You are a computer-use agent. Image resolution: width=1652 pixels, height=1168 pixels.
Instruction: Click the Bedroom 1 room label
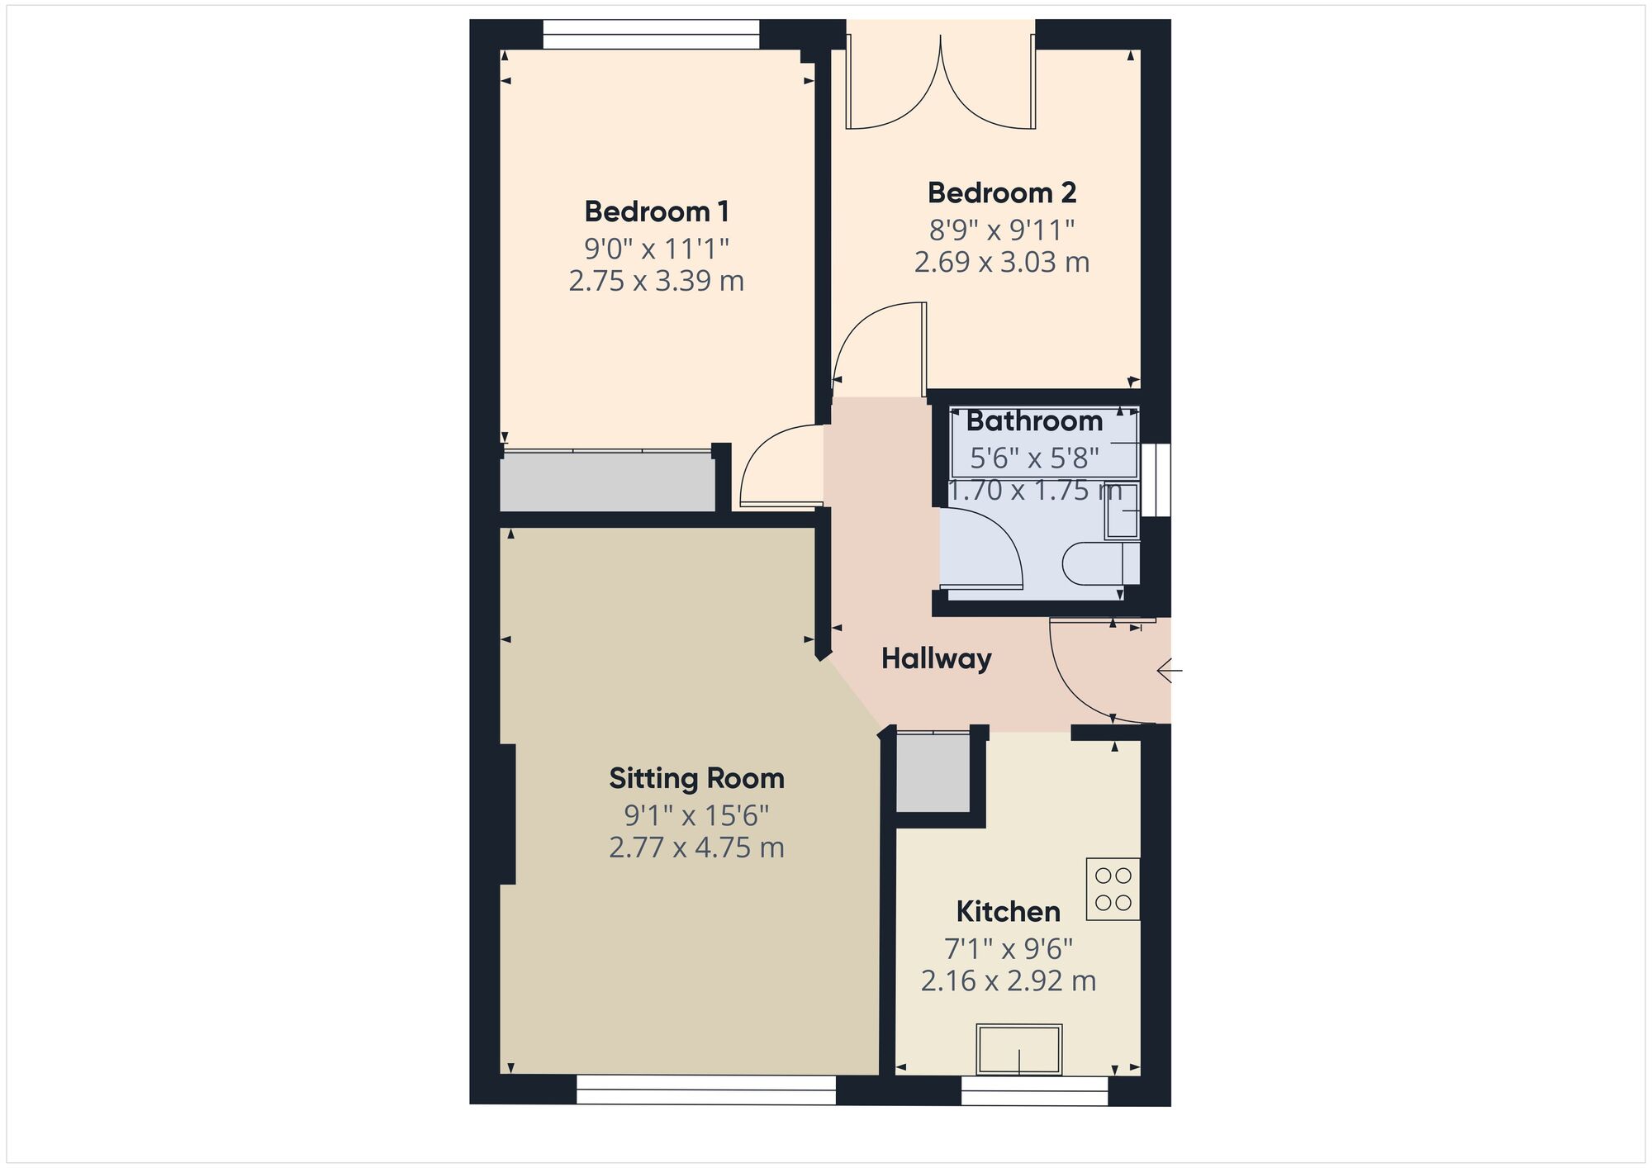tap(657, 211)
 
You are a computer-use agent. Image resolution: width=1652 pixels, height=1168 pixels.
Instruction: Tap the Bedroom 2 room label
tap(1002, 192)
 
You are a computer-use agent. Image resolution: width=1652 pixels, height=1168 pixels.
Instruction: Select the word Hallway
tap(936, 658)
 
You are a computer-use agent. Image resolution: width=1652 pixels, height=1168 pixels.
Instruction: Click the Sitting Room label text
tap(696, 778)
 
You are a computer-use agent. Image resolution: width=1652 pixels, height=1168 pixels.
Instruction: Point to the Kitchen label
tap(1008, 911)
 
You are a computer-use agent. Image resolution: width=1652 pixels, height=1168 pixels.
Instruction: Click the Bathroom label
tap(1034, 421)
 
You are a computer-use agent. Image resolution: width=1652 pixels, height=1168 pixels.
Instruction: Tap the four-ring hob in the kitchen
tap(1113, 889)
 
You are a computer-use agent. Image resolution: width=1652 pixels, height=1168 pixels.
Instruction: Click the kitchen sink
tap(1019, 1049)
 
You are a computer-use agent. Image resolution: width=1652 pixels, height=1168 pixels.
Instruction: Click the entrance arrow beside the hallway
tap(1170, 671)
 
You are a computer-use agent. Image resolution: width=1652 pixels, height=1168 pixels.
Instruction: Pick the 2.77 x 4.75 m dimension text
tap(696, 848)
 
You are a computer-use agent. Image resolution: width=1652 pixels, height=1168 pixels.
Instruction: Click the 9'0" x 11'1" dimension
tap(657, 248)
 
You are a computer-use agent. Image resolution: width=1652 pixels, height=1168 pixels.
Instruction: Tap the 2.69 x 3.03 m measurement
tap(1002, 262)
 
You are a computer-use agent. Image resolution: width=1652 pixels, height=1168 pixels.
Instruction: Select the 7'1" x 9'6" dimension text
tap(1009, 948)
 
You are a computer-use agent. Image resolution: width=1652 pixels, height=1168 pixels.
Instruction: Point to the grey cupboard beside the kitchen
tap(933, 773)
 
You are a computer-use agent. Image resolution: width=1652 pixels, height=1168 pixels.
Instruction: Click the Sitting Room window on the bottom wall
tap(706, 1090)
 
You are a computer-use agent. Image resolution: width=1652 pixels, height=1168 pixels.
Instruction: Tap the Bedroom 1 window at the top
tap(651, 35)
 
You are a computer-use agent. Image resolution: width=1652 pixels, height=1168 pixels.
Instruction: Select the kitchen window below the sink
tap(1035, 1090)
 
